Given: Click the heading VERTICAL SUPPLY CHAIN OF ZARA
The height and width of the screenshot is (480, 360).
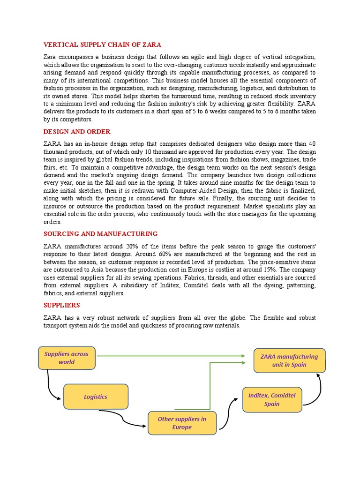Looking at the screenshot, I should pos(102,45).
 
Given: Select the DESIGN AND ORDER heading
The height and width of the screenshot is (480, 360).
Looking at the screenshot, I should pos(77,132).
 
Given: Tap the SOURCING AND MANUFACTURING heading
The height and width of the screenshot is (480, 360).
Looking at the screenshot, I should pos(100,233).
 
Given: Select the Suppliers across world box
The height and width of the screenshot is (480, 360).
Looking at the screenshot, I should pos(66,358).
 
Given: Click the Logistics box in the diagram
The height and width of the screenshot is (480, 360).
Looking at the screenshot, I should pos(95,397).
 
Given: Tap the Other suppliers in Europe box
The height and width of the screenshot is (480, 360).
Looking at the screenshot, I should pos(181,423).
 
